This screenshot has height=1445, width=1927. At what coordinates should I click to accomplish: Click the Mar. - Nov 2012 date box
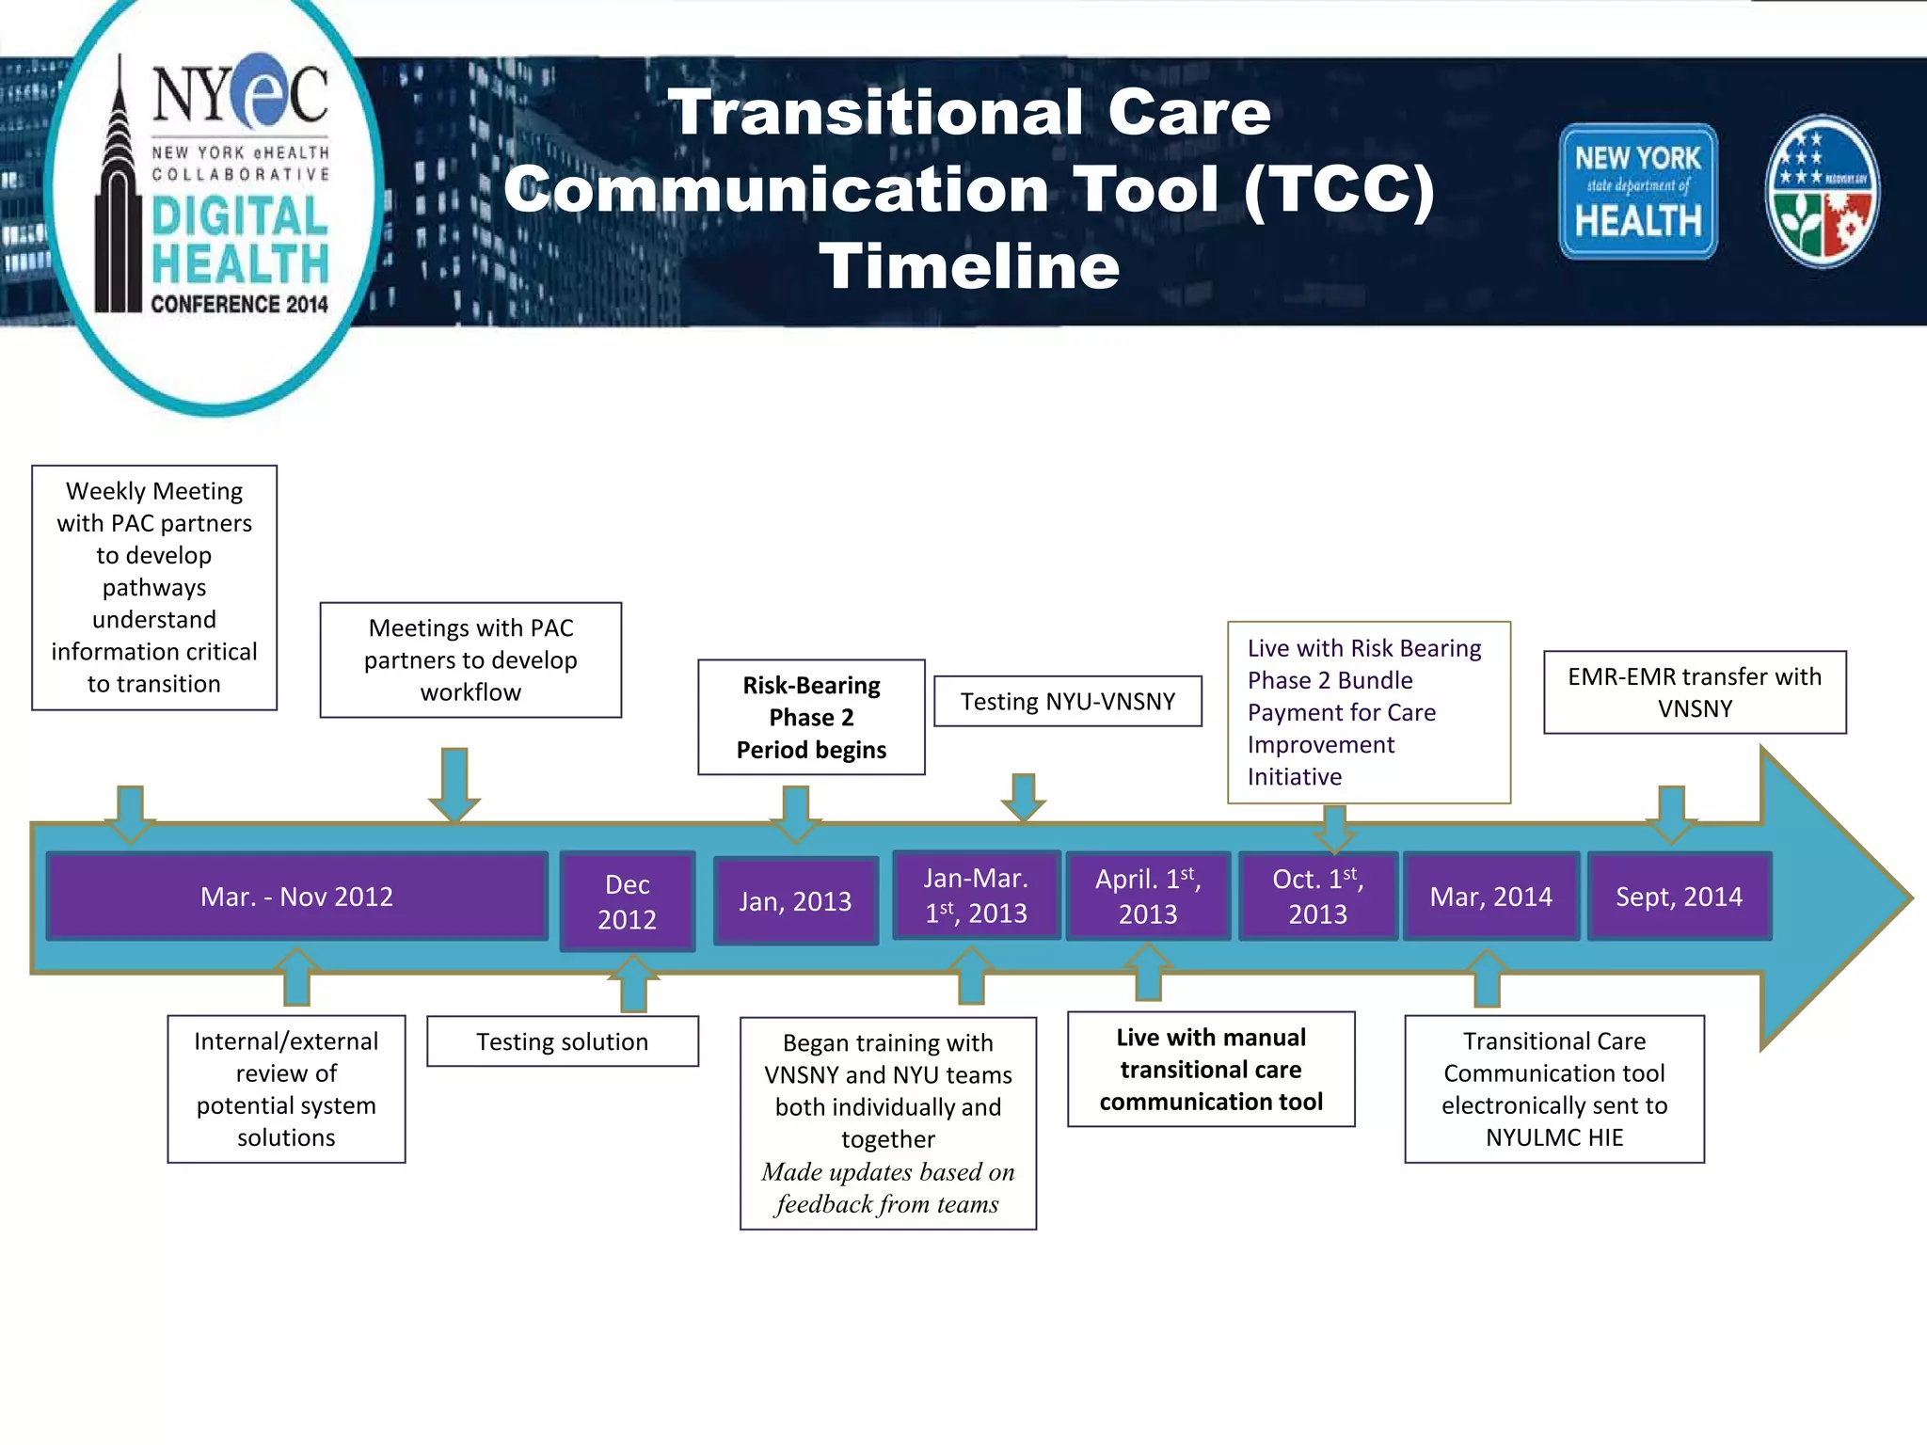click(296, 897)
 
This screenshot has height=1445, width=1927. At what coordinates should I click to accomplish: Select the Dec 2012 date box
click(628, 901)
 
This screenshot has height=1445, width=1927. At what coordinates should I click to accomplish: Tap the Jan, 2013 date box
click(795, 901)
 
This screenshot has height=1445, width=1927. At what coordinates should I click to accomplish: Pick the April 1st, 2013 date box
click(1148, 897)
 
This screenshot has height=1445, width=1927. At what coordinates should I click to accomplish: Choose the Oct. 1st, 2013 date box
click(1317, 897)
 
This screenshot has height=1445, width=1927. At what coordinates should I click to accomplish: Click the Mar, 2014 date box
click(1490, 897)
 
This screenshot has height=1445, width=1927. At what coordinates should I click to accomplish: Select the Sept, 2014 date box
click(1679, 897)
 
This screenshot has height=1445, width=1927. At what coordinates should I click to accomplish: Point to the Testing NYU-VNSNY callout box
click(1068, 702)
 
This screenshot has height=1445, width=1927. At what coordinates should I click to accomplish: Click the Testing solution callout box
click(562, 1041)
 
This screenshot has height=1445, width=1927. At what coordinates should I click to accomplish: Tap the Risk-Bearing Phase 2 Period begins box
click(811, 717)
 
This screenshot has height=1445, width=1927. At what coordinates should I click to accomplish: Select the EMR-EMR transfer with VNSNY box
click(1695, 692)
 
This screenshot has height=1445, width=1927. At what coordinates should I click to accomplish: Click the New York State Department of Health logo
click(1638, 191)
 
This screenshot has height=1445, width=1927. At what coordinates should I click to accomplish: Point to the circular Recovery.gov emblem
click(1822, 191)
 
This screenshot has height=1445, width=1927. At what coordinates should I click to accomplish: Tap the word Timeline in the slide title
click(969, 266)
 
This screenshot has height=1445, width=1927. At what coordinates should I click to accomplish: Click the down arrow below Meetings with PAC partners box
click(454, 784)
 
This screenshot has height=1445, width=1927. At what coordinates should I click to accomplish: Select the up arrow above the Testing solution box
click(633, 984)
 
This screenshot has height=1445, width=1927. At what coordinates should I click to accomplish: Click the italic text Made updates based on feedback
click(887, 1188)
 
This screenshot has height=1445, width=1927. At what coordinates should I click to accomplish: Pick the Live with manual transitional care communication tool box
click(1211, 1070)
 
